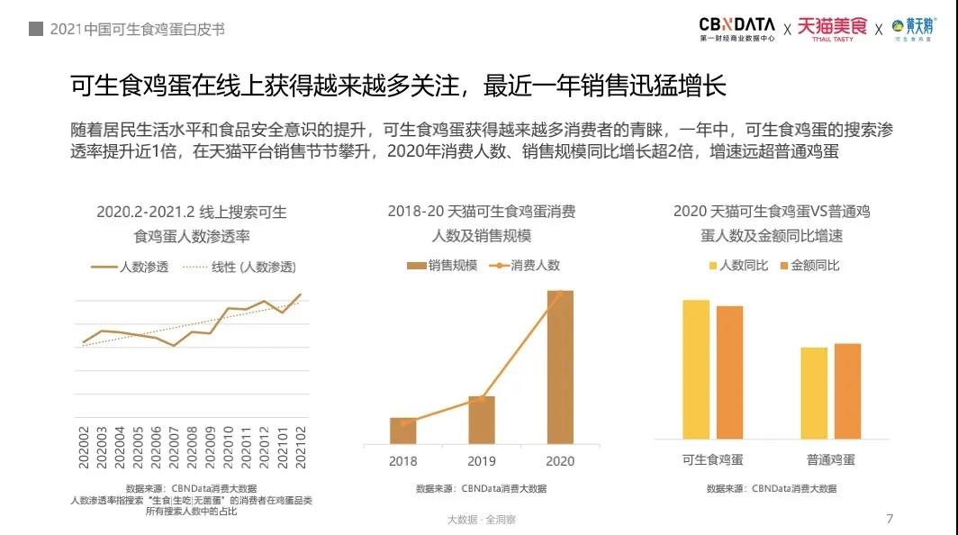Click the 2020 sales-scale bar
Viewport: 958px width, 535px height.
pyautogui.click(x=559, y=367)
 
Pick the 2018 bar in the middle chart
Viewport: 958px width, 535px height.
pyautogui.click(x=403, y=431)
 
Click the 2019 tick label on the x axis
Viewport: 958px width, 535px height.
pyautogui.click(x=482, y=461)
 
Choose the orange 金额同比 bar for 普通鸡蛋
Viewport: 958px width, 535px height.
pyautogui.click(x=847, y=391)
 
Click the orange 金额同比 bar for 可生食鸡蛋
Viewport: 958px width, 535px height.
pyautogui.click(x=730, y=372)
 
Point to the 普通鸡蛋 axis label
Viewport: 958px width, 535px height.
pyautogui.click(x=831, y=459)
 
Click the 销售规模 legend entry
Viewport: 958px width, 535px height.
pyautogui.click(x=443, y=265)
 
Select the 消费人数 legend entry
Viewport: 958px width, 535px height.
pyautogui.click(x=525, y=265)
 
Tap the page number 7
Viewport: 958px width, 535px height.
pyautogui.click(x=890, y=519)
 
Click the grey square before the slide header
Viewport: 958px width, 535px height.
pyautogui.click(x=36, y=29)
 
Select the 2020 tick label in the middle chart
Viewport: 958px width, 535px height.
pyautogui.click(x=559, y=461)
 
